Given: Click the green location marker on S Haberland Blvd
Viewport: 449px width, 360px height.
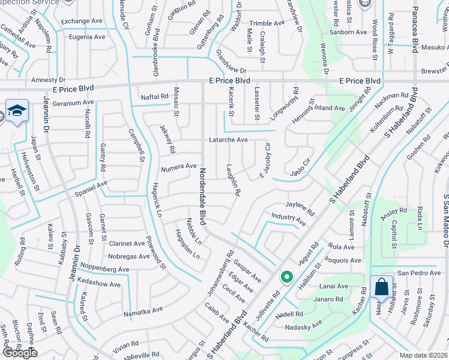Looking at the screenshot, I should (287, 278).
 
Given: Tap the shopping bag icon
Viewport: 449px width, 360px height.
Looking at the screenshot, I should (382, 287).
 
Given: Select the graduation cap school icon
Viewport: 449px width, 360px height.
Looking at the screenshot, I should (16, 111).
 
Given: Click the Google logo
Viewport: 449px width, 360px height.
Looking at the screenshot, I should (20, 353).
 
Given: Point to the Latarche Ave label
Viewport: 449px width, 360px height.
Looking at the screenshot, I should (228, 140).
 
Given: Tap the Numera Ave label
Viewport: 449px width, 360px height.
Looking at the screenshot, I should (178, 166).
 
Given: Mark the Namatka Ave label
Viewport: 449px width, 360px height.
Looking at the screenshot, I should (143, 310).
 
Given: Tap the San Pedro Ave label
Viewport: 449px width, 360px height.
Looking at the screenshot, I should (418, 272).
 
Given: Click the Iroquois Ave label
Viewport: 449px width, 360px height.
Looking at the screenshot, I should (343, 260).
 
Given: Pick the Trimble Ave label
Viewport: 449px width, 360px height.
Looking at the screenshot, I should (267, 23).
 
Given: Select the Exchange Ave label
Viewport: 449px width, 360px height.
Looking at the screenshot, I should (82, 21).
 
